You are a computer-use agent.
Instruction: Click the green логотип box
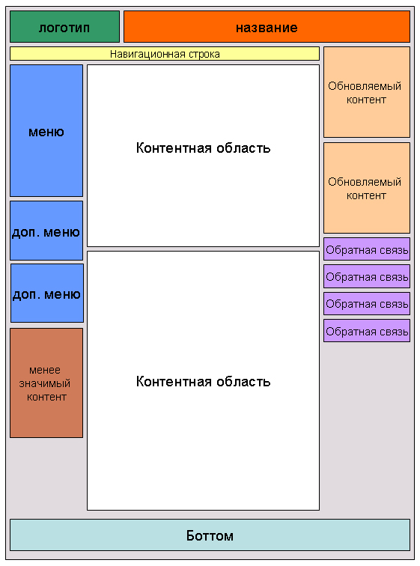click(64, 27)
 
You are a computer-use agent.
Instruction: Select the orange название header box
click(267, 27)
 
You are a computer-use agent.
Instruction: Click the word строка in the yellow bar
click(204, 55)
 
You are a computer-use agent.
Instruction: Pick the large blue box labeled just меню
click(46, 131)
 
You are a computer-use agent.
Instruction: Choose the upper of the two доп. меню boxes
click(46, 231)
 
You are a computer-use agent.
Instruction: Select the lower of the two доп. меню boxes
click(47, 293)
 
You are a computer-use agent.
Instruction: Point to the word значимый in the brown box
click(45, 384)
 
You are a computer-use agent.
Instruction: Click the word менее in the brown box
click(45, 370)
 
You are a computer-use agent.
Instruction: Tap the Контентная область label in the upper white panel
click(203, 148)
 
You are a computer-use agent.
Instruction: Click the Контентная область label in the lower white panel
click(203, 382)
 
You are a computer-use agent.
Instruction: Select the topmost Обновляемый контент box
click(367, 92)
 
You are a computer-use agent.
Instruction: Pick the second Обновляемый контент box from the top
click(367, 188)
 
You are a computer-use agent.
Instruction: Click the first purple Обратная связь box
click(367, 249)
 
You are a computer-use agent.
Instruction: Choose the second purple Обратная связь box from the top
click(367, 276)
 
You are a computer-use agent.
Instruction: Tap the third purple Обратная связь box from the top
click(367, 303)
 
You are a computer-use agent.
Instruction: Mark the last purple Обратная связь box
click(367, 331)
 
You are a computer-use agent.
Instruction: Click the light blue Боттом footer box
click(210, 535)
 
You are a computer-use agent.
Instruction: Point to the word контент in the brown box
click(47, 398)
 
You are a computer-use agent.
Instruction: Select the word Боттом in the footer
click(210, 536)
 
